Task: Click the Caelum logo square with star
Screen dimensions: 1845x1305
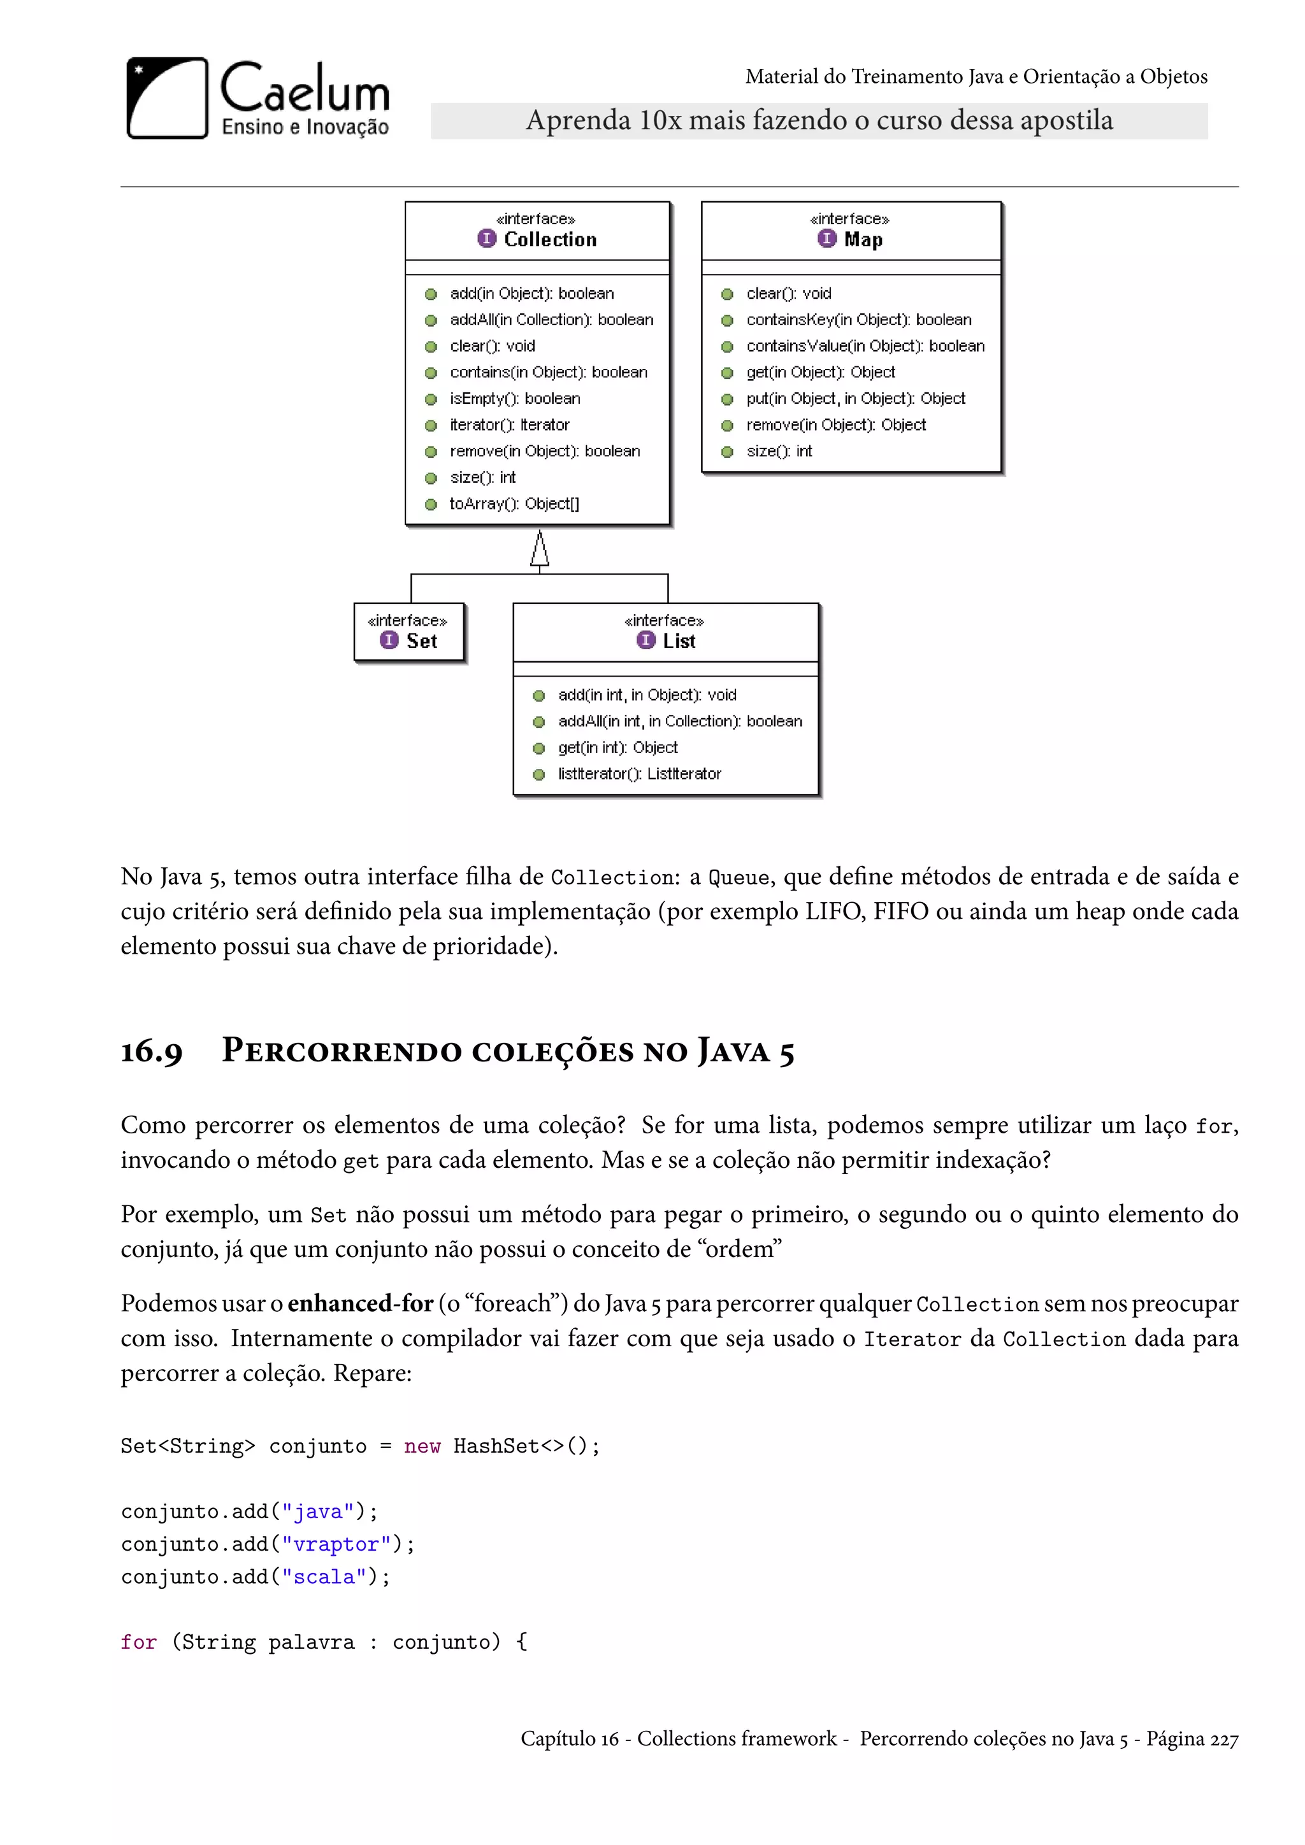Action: (x=167, y=98)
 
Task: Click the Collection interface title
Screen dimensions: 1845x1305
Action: (x=550, y=240)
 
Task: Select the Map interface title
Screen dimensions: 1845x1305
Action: (x=862, y=240)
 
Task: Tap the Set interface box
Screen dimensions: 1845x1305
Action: (x=410, y=633)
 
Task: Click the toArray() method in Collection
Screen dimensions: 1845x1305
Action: (x=514, y=504)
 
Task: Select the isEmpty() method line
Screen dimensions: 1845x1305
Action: (x=514, y=399)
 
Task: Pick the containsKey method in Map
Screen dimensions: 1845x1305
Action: (x=858, y=320)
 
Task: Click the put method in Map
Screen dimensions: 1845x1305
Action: (x=855, y=399)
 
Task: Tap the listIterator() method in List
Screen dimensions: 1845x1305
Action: (x=639, y=774)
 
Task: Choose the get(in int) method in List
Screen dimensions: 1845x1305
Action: (x=617, y=748)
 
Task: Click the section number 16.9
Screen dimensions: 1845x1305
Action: (x=152, y=1052)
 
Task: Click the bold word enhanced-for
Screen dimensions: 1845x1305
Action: (x=360, y=1303)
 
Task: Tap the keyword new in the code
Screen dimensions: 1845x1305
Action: (x=422, y=1446)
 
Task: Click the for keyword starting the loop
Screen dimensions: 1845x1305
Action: (x=138, y=1642)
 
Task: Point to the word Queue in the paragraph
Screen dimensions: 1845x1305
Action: (x=739, y=877)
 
